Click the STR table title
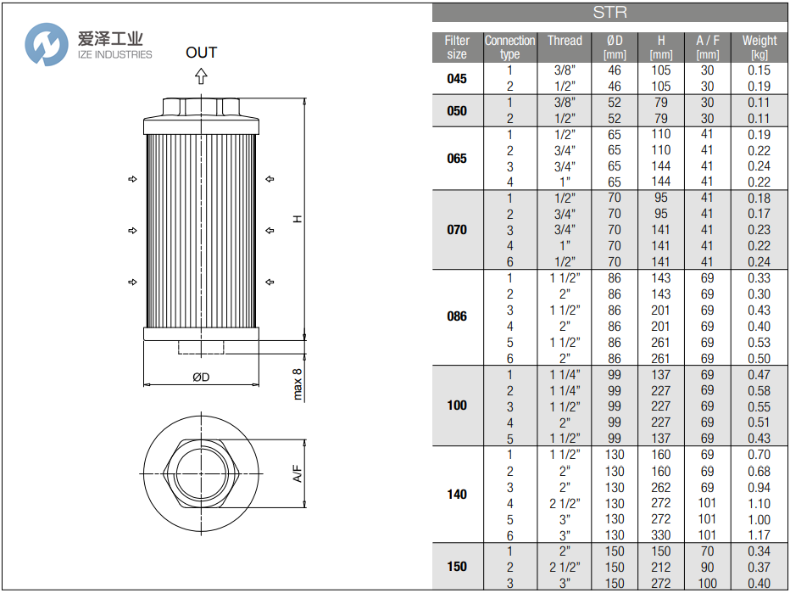[x=609, y=13]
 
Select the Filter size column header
[x=457, y=47]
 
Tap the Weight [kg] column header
[x=759, y=47]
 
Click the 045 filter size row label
[x=457, y=78]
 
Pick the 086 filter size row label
[x=457, y=317]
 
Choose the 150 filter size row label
[x=457, y=567]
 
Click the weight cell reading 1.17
[x=759, y=535]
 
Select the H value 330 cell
[x=661, y=535]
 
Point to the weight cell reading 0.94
[x=759, y=488]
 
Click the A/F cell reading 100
[x=707, y=584]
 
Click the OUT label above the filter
[x=202, y=53]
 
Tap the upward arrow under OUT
[x=202, y=76]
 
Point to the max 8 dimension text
[x=298, y=384]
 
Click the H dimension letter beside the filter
[x=298, y=219]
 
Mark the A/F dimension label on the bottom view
[x=298, y=473]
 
